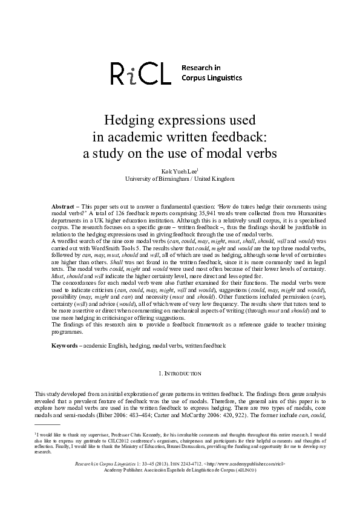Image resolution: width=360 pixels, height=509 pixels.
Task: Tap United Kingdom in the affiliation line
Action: [215, 179]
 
